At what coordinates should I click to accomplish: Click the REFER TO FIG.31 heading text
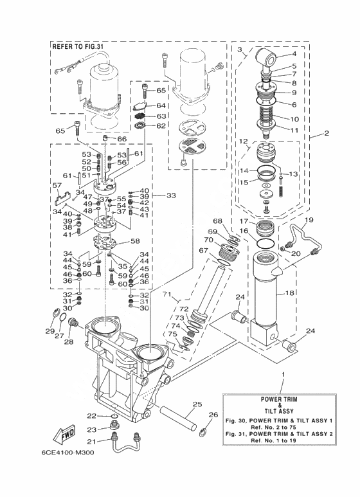pos(78,46)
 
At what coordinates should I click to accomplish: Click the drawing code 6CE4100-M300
pos(67,452)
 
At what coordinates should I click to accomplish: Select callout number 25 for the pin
pos(197,404)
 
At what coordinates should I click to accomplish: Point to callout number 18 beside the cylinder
pos(290,293)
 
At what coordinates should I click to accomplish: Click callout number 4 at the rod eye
pos(294,54)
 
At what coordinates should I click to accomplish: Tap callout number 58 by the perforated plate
pos(135,241)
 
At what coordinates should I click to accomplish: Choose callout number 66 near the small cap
pos(122,139)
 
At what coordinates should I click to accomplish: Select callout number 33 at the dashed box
pos(171,195)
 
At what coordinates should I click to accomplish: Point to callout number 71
pos(168,294)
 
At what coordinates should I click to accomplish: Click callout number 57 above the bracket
pos(57,185)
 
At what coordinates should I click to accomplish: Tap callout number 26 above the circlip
pos(213,414)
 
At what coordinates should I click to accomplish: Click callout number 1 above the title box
pos(283,374)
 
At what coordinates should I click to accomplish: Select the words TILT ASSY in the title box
pos(279,411)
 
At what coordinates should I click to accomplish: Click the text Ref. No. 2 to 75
pos(279,427)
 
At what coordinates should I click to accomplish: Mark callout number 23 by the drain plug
pos(92,429)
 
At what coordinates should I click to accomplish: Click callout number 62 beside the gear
pos(161,126)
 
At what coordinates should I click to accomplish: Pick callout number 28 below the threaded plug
pos(69,341)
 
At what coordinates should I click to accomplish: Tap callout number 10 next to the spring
pos(294,119)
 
